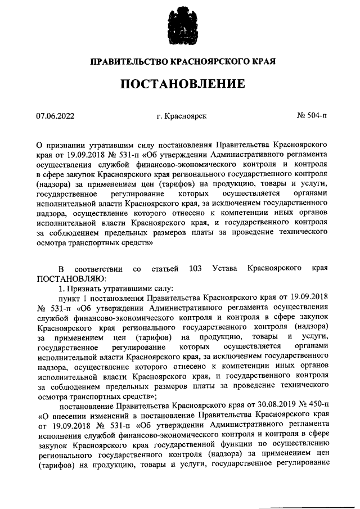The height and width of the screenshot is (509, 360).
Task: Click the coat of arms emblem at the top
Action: [x=181, y=24]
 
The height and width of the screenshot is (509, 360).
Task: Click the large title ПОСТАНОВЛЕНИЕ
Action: [x=181, y=84]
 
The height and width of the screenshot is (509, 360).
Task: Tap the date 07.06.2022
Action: [x=55, y=116]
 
